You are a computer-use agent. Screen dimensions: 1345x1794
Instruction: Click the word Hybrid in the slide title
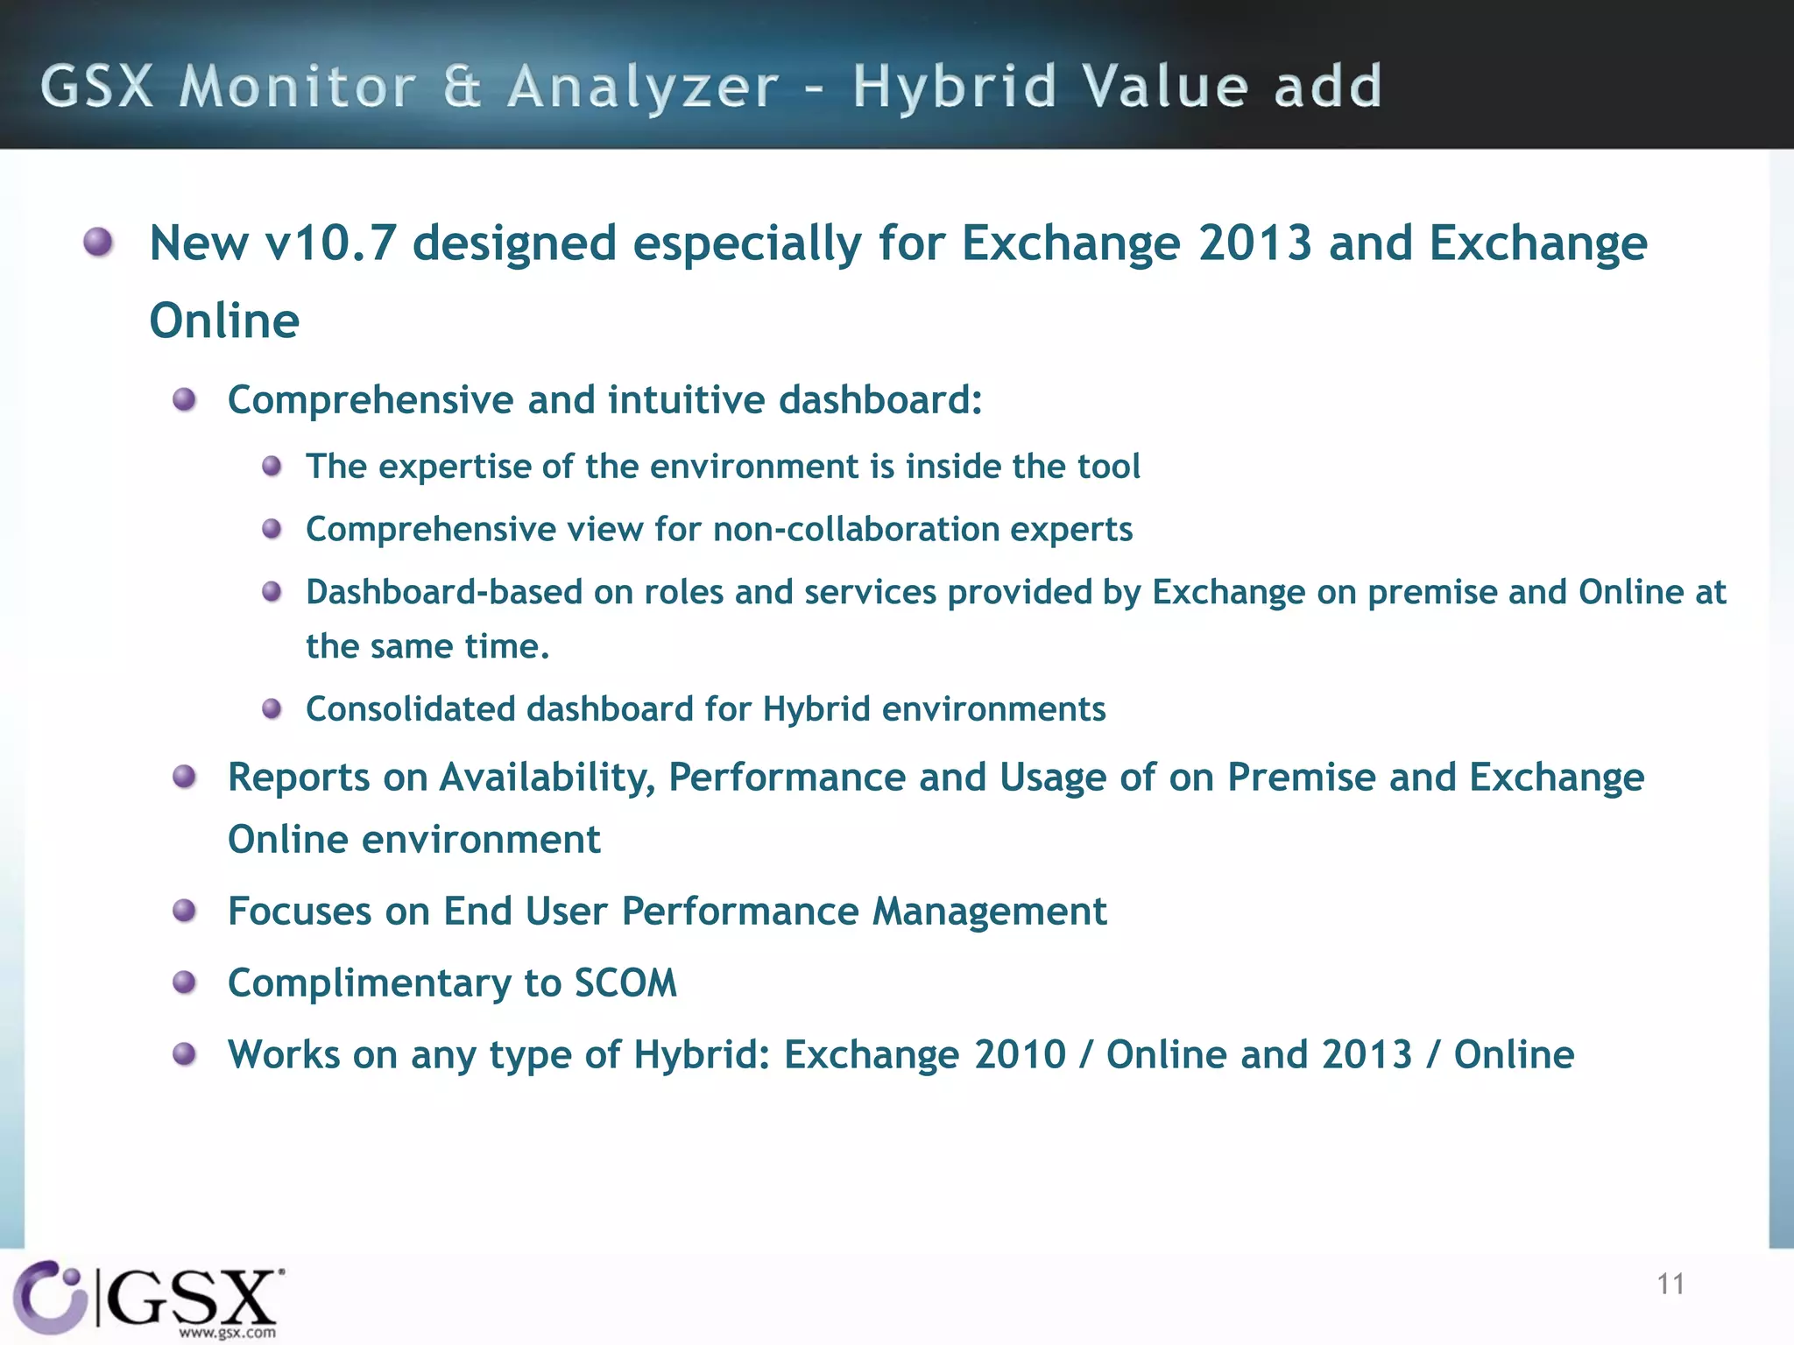955,88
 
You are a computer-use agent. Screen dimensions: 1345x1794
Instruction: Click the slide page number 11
1670,1285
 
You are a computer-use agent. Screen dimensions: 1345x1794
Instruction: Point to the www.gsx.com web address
228,1333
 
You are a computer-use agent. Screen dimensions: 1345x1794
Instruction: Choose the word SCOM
625,983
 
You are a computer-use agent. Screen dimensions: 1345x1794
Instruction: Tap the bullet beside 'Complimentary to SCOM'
184,982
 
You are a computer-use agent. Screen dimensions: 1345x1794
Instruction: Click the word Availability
547,778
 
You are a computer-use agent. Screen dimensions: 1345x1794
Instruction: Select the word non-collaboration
856,530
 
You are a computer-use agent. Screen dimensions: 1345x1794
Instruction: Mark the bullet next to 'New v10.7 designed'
98,242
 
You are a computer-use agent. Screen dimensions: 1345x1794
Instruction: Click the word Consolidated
410,709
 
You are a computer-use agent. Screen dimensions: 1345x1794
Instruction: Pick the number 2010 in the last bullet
1020,1055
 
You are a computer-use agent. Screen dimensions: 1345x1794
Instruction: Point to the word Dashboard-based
444,593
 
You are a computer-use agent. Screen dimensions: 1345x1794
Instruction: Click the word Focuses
300,912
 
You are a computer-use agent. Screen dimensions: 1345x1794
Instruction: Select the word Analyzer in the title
643,88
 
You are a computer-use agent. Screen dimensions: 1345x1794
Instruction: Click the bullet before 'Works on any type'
184,1054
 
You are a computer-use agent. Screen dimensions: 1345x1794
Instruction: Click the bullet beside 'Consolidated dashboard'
272,708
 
